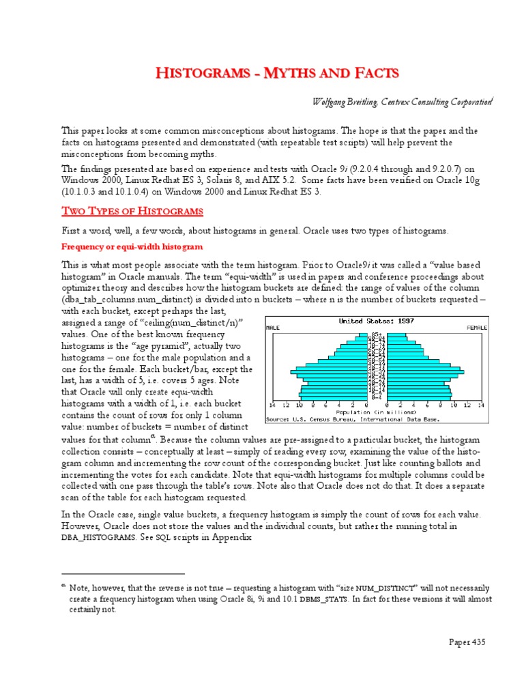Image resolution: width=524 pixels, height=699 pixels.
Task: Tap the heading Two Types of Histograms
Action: [133, 210]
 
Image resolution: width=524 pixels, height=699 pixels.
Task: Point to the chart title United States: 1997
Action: [377, 320]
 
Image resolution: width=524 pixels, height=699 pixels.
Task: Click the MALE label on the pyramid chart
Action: [274, 328]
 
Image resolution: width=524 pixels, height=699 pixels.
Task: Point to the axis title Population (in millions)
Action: [377, 412]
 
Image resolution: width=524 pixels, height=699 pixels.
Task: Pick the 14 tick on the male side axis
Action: [273, 405]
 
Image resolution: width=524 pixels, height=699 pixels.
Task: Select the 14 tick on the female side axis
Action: [480, 405]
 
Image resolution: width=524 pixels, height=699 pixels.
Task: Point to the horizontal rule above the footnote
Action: [123, 574]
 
